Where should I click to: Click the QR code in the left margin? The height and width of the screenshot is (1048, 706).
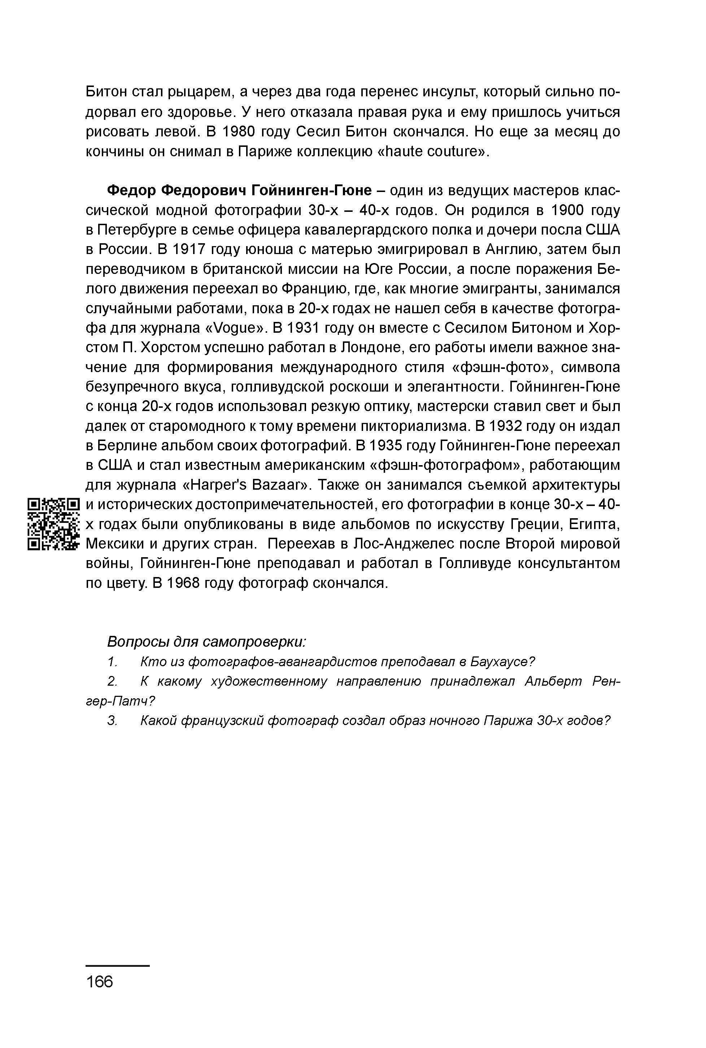pyautogui.click(x=53, y=524)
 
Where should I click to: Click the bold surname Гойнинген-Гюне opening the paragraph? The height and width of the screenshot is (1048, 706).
pyautogui.click(x=311, y=191)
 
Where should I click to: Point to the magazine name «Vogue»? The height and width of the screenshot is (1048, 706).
pyautogui.click(x=234, y=328)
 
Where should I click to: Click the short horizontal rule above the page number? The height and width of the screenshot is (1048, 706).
pyautogui.click(x=118, y=966)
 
